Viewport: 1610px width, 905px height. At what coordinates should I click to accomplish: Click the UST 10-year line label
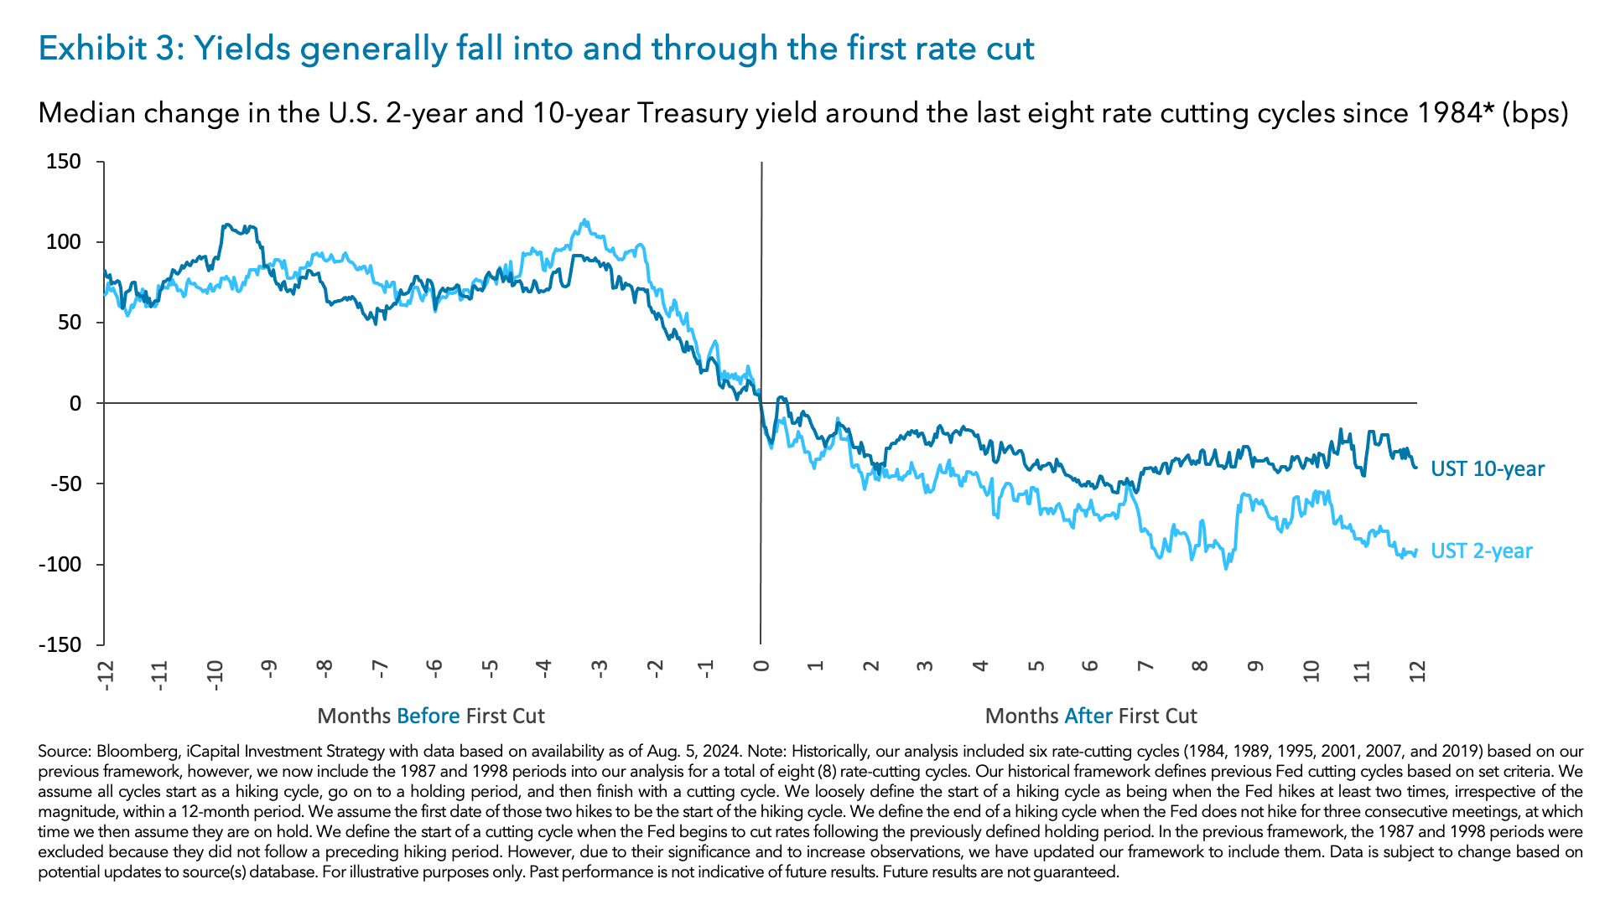tap(1487, 468)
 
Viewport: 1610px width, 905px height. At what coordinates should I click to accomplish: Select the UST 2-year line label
tap(1481, 551)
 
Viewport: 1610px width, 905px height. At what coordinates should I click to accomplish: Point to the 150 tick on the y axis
tap(64, 161)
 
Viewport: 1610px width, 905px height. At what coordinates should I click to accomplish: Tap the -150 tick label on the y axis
tap(60, 644)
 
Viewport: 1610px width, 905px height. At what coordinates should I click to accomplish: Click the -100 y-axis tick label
tap(60, 564)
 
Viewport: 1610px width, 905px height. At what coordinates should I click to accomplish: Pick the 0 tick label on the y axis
tap(75, 403)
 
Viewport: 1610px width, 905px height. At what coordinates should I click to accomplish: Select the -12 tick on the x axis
tap(105, 675)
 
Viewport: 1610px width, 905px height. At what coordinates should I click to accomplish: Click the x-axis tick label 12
tap(1417, 670)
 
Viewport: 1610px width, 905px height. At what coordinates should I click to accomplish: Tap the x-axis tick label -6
tap(434, 669)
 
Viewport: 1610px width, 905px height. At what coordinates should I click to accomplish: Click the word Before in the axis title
tap(428, 716)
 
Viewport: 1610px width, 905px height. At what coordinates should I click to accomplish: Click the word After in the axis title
tap(1088, 716)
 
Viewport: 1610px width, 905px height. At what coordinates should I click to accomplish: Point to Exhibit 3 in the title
tap(105, 49)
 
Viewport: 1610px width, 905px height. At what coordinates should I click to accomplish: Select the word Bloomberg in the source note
tap(132, 752)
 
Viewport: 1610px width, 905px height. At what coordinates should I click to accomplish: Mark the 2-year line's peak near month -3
tap(584, 220)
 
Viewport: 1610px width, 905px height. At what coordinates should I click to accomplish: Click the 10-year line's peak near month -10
tap(226, 225)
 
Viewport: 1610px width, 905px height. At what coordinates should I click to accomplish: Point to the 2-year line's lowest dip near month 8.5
tap(1225, 569)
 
